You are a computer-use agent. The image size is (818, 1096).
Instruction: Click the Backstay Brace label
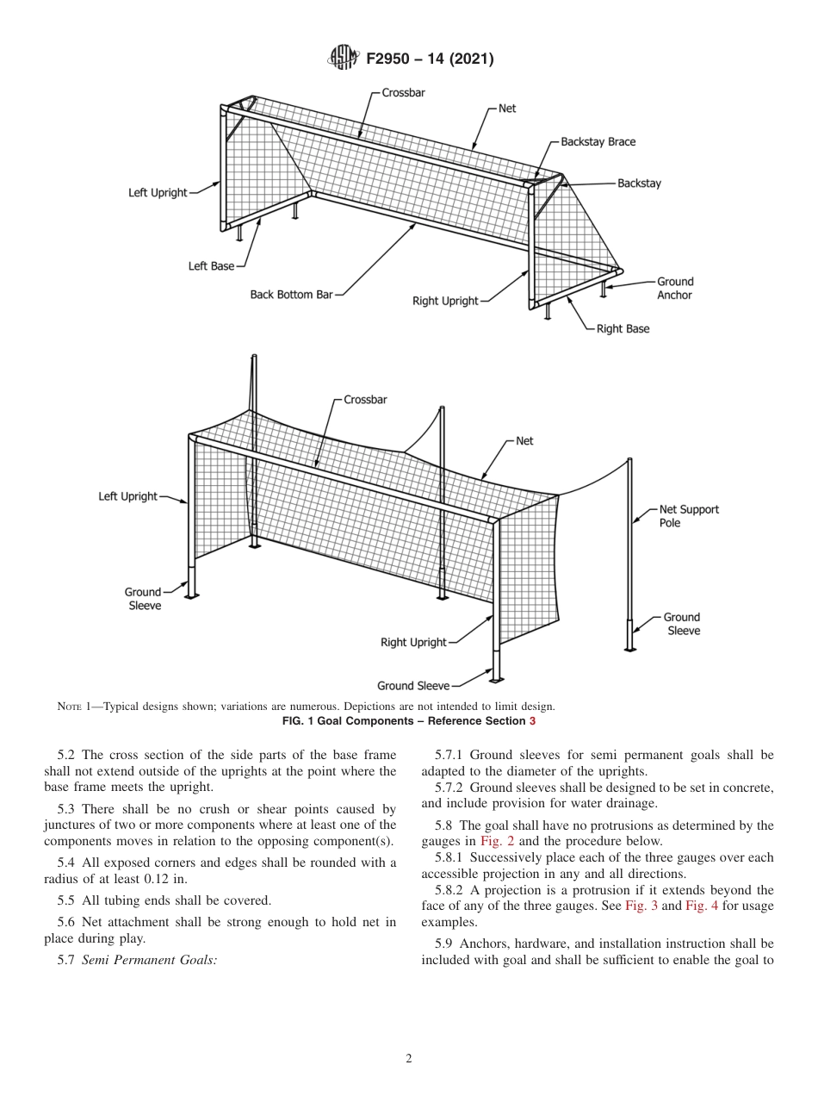tap(598, 141)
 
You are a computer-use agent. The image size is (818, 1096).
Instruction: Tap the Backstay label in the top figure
tap(639, 184)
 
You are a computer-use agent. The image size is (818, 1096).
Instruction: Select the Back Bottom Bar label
tap(291, 295)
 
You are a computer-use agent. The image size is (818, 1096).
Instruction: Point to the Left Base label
tap(211, 266)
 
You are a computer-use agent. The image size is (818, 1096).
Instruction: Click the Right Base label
tap(623, 329)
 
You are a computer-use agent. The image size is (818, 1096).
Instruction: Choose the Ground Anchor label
tap(674, 288)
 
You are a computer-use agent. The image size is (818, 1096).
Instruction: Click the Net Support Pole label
tap(688, 515)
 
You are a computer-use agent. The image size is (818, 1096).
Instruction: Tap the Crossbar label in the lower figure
tap(365, 400)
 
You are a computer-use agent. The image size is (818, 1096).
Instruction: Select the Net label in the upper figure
tap(507, 109)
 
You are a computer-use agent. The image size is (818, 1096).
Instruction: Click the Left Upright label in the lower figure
tap(127, 496)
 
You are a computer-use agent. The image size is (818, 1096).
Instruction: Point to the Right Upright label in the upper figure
tap(445, 301)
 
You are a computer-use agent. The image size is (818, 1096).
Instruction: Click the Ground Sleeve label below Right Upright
tap(412, 686)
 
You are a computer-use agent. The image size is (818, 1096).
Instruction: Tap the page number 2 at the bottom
tap(409, 1059)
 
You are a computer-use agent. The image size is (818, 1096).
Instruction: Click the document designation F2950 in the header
tap(387, 59)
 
